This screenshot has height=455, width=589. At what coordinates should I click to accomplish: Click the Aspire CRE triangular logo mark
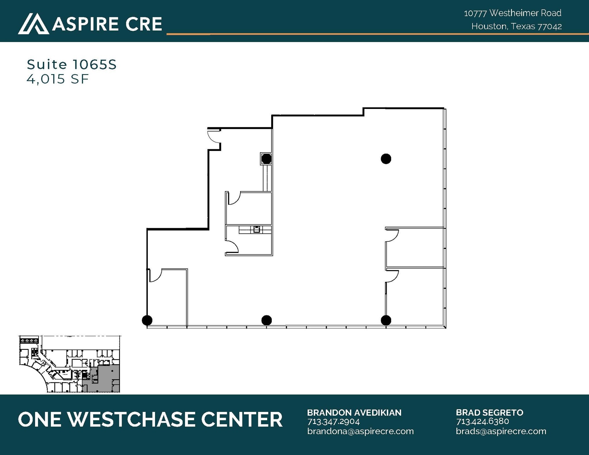click(x=33, y=24)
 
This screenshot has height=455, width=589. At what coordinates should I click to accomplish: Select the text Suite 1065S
click(x=72, y=65)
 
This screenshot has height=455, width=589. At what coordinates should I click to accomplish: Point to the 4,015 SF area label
click(x=58, y=79)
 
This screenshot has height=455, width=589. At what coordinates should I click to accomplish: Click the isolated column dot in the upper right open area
click(x=386, y=159)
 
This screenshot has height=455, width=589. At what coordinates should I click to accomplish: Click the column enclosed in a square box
click(x=266, y=159)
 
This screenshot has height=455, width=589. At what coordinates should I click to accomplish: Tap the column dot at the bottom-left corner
click(x=147, y=320)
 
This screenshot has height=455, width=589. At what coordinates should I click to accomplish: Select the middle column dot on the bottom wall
click(x=267, y=320)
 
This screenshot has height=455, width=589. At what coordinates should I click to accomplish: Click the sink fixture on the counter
click(x=257, y=229)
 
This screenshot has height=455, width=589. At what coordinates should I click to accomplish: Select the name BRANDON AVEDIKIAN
click(x=354, y=413)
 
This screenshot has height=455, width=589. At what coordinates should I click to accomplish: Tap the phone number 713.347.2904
click(x=334, y=422)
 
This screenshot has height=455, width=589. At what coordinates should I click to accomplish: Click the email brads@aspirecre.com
click(x=501, y=431)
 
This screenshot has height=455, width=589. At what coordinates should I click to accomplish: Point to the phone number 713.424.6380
click(x=482, y=421)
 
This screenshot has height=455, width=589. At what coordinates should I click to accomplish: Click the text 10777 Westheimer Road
click(x=512, y=13)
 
